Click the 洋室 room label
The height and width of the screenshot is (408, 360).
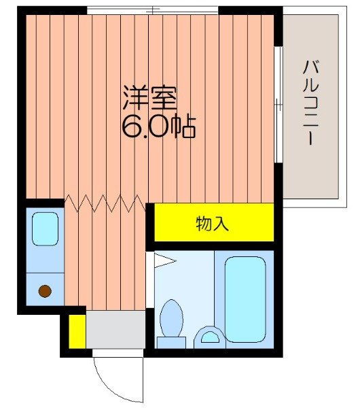point(149,97)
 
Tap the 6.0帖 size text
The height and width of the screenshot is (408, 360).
point(158,126)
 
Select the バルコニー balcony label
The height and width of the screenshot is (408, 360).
point(310,102)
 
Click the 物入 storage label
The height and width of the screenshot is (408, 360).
point(212,224)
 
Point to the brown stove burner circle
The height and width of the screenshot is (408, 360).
point(45,291)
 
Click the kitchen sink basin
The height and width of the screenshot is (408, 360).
point(45,228)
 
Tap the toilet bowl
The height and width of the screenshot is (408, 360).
point(171,318)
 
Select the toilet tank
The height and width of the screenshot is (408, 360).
point(171,343)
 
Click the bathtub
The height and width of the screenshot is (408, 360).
point(245,299)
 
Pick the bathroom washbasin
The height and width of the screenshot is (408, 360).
point(210,337)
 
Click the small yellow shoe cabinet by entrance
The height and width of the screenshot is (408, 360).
point(77,332)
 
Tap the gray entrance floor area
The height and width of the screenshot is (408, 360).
point(115,329)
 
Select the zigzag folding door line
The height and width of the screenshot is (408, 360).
point(105,203)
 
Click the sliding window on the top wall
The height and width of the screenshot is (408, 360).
point(152,11)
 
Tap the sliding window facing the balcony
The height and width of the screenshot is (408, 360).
point(278,105)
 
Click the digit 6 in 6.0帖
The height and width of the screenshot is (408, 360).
point(132,126)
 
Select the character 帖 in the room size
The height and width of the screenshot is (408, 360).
point(185,126)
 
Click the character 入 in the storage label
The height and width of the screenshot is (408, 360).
point(221,224)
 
